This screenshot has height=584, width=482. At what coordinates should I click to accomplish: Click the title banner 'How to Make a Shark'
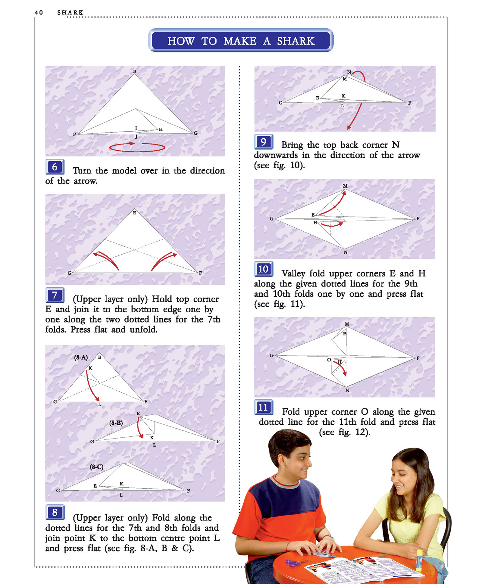pyautogui.click(x=241, y=40)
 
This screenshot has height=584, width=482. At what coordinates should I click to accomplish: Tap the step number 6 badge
pyautogui.click(x=55, y=167)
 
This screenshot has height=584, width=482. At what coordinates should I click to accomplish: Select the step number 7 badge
pyautogui.click(x=55, y=295)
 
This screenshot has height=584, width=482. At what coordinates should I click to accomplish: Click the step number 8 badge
pyautogui.click(x=55, y=512)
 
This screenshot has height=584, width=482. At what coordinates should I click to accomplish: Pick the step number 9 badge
pyautogui.click(x=264, y=142)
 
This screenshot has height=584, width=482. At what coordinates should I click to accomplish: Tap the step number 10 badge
pyautogui.click(x=264, y=269)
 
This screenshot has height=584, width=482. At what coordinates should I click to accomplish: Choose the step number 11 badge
pyautogui.click(x=264, y=407)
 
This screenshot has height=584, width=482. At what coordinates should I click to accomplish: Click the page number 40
pyautogui.click(x=39, y=12)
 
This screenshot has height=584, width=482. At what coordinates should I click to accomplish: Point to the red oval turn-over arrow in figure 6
pyautogui.click(x=137, y=147)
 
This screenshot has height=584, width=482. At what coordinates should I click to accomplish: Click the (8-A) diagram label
pyautogui.click(x=81, y=358)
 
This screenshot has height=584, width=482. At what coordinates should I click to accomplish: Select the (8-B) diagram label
pyautogui.click(x=116, y=423)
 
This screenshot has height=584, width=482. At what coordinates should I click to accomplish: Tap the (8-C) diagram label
pyautogui.click(x=97, y=467)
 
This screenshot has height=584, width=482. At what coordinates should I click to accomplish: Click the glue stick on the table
pyautogui.click(x=419, y=560)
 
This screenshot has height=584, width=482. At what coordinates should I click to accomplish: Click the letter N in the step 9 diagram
pyautogui.click(x=349, y=72)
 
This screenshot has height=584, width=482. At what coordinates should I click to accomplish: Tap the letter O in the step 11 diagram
pyautogui.click(x=329, y=360)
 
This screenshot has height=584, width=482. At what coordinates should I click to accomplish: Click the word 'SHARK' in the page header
pyautogui.click(x=70, y=12)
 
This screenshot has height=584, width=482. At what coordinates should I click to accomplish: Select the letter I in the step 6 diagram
pyautogui.click(x=136, y=128)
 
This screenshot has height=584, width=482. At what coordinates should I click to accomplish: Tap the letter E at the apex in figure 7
pyautogui.click(x=134, y=213)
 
